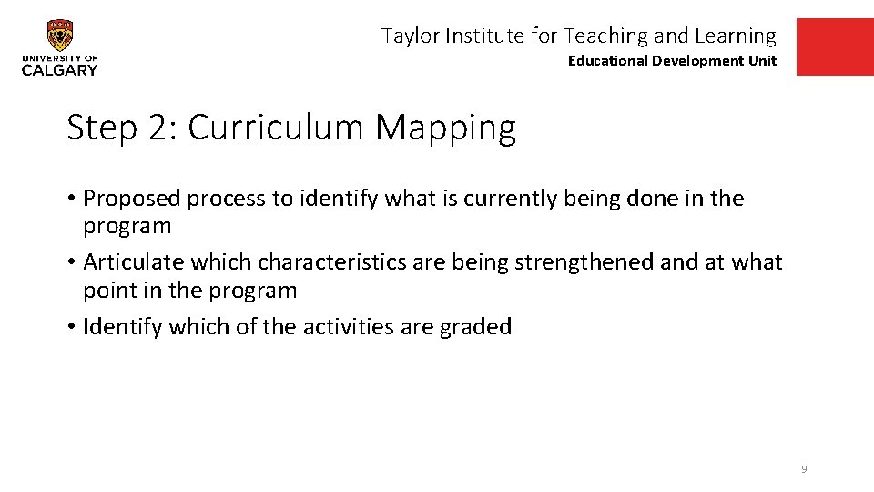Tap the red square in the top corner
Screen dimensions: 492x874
pyautogui.click(x=834, y=46)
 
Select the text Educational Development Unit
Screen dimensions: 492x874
pyautogui.click(x=672, y=61)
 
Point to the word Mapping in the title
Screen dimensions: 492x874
pyautogui.click(x=445, y=128)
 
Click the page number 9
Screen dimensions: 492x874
pyautogui.click(x=804, y=469)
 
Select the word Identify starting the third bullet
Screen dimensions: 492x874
pyautogui.click(x=116, y=326)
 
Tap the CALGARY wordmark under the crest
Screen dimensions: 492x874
pyautogui.click(x=60, y=70)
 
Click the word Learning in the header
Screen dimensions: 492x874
pyautogui.click(x=735, y=36)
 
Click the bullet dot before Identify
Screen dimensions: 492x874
pyautogui.click(x=71, y=326)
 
